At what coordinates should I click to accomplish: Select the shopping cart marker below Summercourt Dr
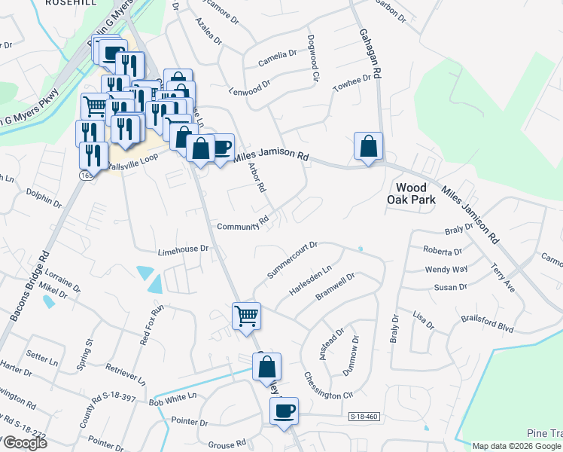246,316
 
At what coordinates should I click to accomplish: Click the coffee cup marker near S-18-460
284,411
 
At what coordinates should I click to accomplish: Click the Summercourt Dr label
292,257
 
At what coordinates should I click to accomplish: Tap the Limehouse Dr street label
182,249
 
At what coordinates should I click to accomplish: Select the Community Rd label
242,227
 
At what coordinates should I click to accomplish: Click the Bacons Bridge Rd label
30,287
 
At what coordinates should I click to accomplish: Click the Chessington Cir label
328,385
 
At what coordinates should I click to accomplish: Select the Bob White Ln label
172,399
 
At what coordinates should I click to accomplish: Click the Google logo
24,444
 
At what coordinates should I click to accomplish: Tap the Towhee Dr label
353,83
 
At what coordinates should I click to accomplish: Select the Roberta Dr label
442,251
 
